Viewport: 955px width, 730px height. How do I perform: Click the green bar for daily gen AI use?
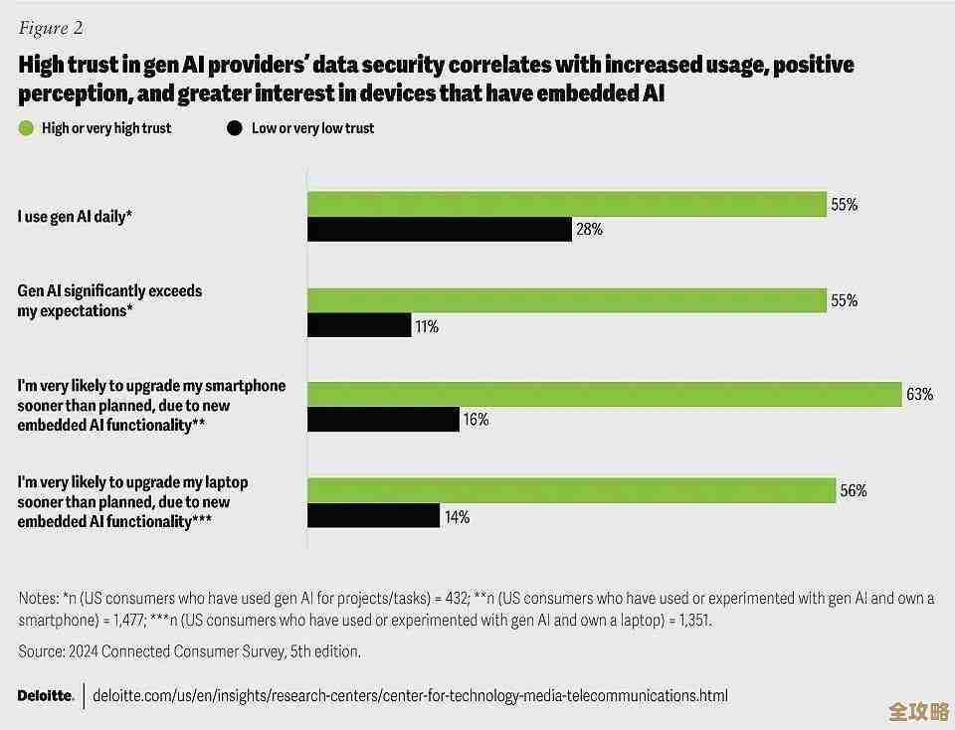pyautogui.click(x=566, y=203)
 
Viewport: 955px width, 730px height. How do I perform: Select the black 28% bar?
pyautogui.click(x=439, y=229)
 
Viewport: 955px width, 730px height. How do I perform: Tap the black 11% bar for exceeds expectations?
pyautogui.click(x=358, y=324)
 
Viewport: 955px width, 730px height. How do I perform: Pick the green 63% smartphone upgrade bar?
pyautogui.click(x=604, y=394)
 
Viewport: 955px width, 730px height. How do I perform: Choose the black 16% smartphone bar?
pyautogui.click(x=382, y=419)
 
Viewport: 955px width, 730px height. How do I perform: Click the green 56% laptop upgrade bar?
pyautogui.click(x=571, y=490)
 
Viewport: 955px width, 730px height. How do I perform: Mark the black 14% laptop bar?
pyautogui.click(x=373, y=515)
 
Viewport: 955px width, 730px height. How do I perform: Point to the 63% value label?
pyautogui.click(x=919, y=395)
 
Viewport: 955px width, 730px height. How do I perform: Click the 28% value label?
pyautogui.click(x=588, y=230)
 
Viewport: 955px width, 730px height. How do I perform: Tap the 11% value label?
pyautogui.click(x=427, y=325)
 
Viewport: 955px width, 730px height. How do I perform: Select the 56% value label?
pyautogui.click(x=854, y=491)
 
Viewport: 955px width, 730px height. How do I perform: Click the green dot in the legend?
pyautogui.click(x=26, y=128)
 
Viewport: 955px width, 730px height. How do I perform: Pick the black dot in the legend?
pyautogui.click(x=235, y=128)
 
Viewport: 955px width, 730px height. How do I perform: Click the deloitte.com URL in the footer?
pyautogui.click(x=410, y=695)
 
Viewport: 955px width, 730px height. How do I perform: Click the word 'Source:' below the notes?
pyautogui.click(x=40, y=651)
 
